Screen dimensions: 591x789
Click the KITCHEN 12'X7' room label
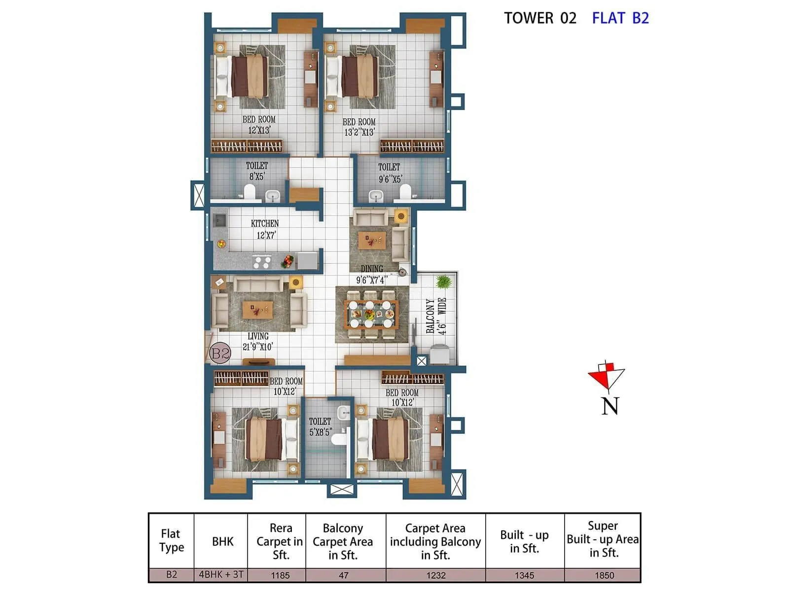[x=265, y=230]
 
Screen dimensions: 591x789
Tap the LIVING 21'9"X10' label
[x=257, y=341]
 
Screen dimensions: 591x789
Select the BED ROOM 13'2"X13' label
[x=359, y=127]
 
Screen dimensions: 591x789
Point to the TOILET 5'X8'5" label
[x=320, y=427]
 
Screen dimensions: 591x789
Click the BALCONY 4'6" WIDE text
[x=436, y=316]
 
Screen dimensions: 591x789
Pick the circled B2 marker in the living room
[x=220, y=353]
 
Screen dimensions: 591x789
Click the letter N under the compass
[x=610, y=406]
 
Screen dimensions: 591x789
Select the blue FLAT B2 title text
[x=620, y=18]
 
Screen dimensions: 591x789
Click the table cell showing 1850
[x=604, y=575]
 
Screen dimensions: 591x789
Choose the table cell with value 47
[x=344, y=575]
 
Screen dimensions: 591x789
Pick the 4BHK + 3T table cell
[x=221, y=574]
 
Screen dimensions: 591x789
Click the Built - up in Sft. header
[x=524, y=542]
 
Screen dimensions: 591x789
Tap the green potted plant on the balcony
[x=443, y=282]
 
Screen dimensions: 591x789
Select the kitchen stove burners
[x=261, y=262]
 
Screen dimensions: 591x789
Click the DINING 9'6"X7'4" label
[x=372, y=274]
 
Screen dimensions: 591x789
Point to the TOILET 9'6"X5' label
[x=390, y=173]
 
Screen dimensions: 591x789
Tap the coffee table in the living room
[x=257, y=310]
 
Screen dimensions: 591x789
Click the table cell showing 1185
[x=280, y=575]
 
